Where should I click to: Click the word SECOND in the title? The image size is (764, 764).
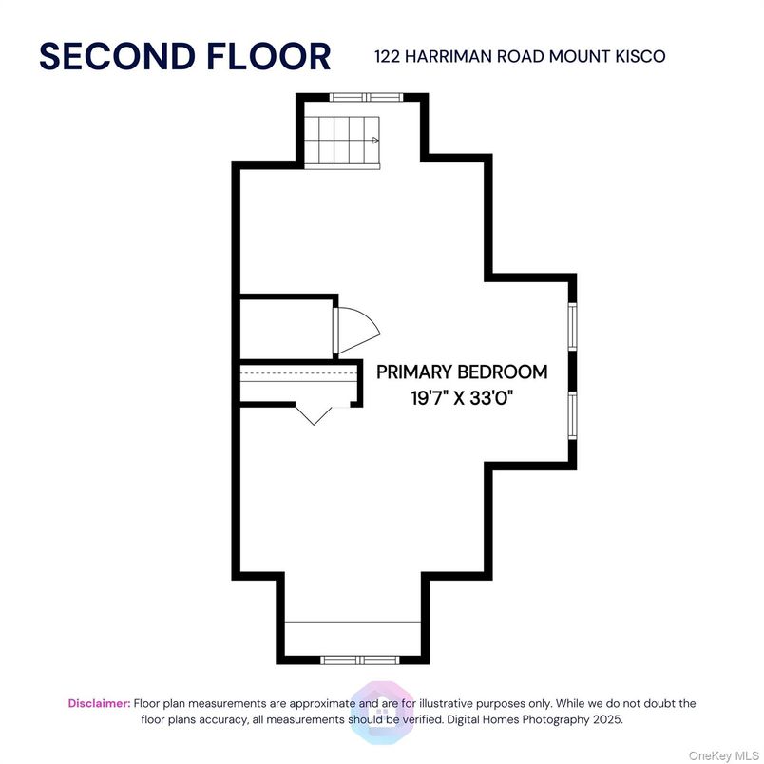coord(117,56)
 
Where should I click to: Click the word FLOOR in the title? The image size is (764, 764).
coord(269,56)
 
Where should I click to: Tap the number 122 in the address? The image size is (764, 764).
coord(388,56)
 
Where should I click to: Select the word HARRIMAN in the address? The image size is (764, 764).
coord(449,56)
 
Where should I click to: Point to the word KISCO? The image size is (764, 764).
coord(640,56)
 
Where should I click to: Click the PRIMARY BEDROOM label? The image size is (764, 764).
coord(462,372)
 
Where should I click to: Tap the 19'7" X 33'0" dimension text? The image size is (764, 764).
coord(462,398)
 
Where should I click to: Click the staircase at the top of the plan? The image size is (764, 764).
coord(342,143)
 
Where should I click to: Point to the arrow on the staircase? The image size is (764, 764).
coord(375,141)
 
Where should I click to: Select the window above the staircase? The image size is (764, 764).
coord(367,98)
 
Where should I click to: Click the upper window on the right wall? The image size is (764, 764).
coord(572,327)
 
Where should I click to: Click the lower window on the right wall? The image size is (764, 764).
coord(572,415)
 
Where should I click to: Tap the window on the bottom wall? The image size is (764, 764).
coord(360,660)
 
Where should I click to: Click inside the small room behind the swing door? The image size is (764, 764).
coord(287,329)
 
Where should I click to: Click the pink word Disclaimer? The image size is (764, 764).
coord(100,703)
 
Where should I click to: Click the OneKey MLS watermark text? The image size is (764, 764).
coord(723,755)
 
